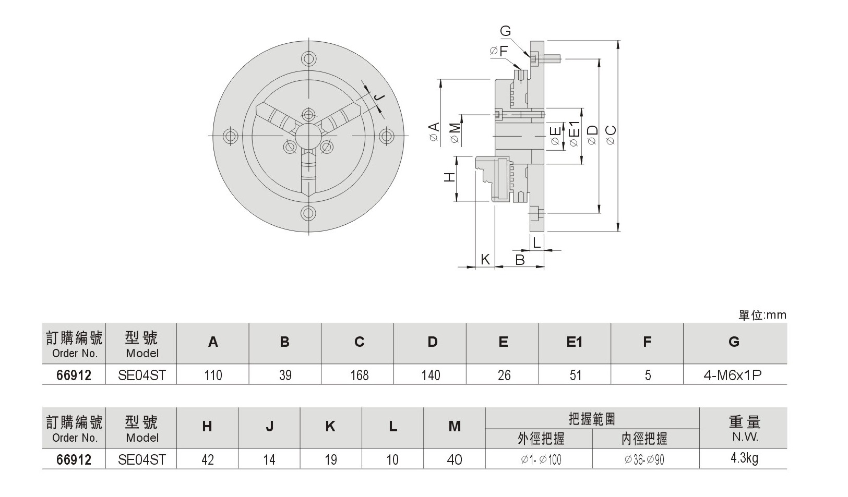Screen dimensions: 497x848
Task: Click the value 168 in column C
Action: pyautogui.click(x=359, y=375)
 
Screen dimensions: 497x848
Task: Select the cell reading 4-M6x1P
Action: pyautogui.click(x=733, y=375)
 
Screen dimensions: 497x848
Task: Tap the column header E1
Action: pyautogui.click(x=574, y=342)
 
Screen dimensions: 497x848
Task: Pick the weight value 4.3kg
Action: pyautogui.click(x=745, y=459)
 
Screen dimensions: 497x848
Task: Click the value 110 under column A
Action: pyautogui.click(x=213, y=375)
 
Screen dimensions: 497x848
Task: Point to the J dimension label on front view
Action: pyautogui.click(x=380, y=98)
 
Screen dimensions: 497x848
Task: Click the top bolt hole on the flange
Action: pyautogui.click(x=308, y=58)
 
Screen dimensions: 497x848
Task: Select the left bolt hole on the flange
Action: pyautogui.click(x=230, y=136)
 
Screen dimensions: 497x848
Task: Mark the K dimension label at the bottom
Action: pyautogui.click(x=485, y=259)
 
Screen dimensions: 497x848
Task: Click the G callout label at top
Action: pyautogui.click(x=505, y=31)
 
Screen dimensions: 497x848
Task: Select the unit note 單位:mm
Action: pyautogui.click(x=762, y=315)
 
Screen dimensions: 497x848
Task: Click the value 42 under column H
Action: pyautogui.click(x=207, y=459)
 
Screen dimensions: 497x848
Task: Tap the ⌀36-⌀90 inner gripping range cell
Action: pyautogui.click(x=644, y=459)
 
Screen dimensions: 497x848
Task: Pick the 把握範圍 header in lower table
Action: pyautogui.click(x=592, y=419)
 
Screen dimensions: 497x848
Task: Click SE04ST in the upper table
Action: pyautogui.click(x=141, y=375)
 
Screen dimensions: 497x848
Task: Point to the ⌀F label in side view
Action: pyautogui.click(x=499, y=51)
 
